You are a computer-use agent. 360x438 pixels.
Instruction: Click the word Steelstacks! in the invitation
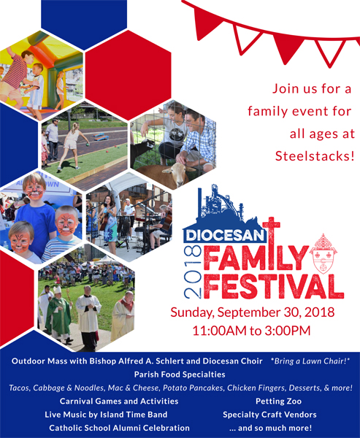315,156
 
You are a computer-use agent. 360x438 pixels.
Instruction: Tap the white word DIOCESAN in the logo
225,236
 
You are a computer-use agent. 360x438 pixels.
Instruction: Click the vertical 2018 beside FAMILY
193,272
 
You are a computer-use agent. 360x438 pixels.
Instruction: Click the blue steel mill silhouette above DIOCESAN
221,204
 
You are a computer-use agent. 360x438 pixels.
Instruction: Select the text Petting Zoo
278,401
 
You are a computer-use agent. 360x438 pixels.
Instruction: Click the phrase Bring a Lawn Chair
309,361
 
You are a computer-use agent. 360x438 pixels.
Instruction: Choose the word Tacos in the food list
19,388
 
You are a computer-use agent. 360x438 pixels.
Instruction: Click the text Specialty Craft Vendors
269,415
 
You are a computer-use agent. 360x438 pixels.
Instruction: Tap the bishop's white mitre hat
57,290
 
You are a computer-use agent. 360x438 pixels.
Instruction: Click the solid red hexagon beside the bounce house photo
128,75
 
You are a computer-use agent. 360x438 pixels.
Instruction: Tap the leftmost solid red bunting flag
206,23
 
